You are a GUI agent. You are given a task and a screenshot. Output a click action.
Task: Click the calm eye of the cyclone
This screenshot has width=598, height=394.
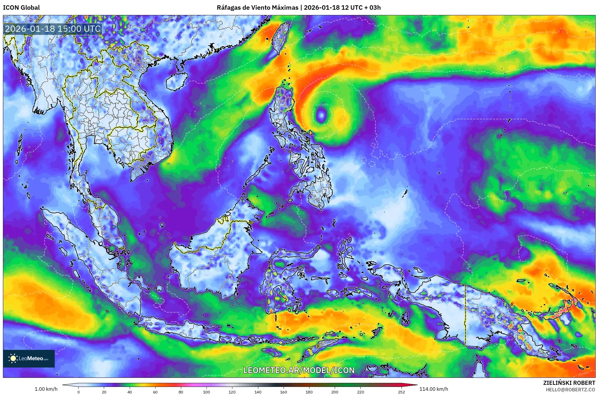coord(321,115)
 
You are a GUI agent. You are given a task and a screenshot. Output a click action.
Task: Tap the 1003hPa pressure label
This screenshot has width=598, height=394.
coord(322,105)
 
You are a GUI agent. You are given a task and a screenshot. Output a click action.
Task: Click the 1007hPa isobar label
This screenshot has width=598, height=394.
coord(554,126)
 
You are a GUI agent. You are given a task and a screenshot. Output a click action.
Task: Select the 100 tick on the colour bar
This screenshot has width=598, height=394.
coord(206,392)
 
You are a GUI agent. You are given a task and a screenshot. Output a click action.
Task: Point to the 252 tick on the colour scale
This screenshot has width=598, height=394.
coord(402,392)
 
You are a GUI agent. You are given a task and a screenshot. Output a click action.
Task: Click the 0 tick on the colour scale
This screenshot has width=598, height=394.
coord(78,392)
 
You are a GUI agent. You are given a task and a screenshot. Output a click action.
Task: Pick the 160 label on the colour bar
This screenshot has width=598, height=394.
coord(284,392)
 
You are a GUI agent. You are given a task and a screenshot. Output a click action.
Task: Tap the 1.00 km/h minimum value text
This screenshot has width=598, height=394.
coord(46,389)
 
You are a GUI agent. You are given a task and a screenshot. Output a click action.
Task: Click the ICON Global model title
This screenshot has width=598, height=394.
coord(21,7)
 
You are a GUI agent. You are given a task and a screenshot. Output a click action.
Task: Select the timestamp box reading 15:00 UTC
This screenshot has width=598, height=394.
coord(53,29)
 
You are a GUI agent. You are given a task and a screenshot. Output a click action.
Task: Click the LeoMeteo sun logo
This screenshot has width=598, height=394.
coord(13,358)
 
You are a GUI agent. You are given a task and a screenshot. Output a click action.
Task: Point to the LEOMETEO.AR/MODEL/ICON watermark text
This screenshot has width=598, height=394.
coord(299,370)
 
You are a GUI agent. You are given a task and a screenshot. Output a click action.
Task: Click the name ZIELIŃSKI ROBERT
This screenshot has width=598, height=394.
coord(569,383)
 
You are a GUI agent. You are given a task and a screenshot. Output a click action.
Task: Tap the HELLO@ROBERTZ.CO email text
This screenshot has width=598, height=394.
coord(570,389)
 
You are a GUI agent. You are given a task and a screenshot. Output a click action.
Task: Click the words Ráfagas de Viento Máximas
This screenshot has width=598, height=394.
coord(257,7)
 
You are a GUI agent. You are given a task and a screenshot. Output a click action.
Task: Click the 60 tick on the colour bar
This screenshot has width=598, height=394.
coord(155,392)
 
